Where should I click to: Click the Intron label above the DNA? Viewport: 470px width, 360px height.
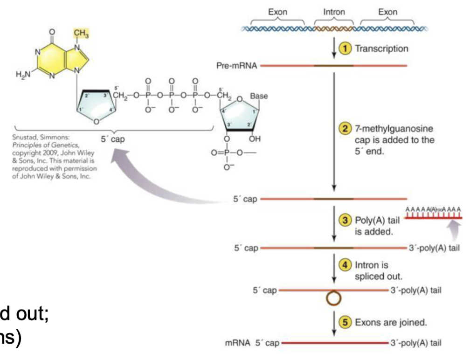click(x=334, y=12)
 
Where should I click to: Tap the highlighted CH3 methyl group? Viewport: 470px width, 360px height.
click(x=81, y=33)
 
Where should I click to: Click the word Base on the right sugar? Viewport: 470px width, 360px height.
click(x=259, y=96)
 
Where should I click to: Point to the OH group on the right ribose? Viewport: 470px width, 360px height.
click(x=254, y=138)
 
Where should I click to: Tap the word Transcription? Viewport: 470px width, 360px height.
click(x=381, y=48)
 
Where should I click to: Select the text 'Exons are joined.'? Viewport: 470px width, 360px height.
click(x=391, y=322)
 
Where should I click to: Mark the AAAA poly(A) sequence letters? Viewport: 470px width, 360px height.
click(x=433, y=209)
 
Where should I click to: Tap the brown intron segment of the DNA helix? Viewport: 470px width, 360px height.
click(x=333, y=28)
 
